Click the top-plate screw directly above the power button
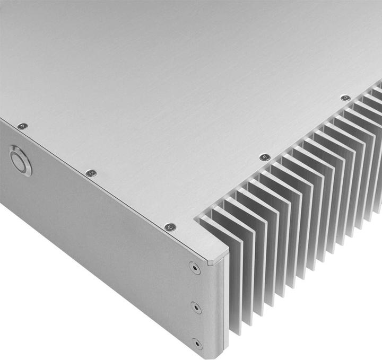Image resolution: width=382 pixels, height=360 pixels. (22, 126)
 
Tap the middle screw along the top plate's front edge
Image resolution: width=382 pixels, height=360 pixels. (91, 173)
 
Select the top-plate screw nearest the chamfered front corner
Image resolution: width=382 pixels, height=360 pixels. (170, 227)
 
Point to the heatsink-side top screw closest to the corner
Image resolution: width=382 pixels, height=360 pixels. (264, 157)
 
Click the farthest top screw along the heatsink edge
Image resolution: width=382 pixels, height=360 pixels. (345, 98)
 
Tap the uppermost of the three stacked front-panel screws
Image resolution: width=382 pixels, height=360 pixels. (195, 268)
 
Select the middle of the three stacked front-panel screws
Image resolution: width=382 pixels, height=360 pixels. (196, 307)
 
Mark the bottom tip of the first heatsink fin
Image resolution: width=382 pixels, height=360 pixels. (235, 334)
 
